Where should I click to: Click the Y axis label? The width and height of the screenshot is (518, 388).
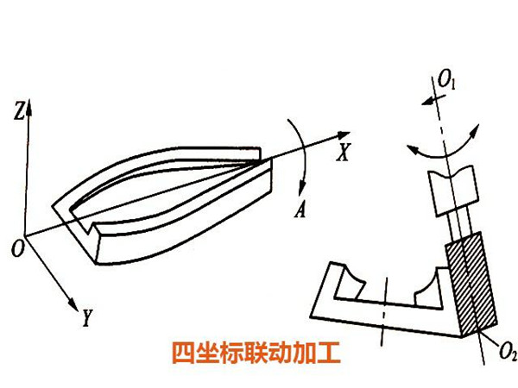coord(87,320)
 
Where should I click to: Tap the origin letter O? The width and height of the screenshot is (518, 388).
coord(16,249)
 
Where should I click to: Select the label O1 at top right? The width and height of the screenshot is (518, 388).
coord(447,81)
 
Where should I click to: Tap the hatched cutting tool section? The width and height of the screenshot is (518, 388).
coord(471,285)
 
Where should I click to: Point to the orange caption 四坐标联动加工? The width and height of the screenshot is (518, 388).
coord(256,354)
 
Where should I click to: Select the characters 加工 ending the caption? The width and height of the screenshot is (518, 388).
coord(318,354)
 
